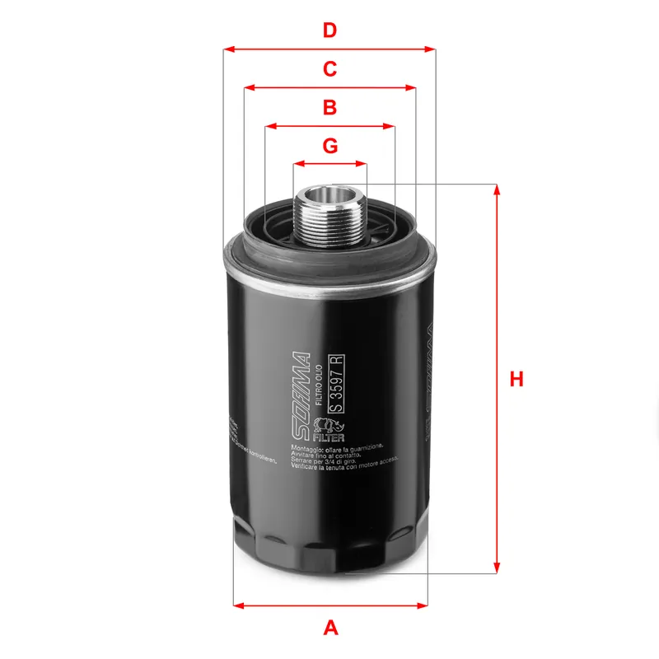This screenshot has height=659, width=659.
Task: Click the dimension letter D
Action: tap(329, 30)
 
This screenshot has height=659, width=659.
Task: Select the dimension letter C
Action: tap(329, 69)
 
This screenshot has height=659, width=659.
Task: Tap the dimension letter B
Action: tap(329, 107)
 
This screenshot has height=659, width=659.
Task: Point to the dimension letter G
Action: tap(329, 146)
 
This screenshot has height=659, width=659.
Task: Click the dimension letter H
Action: tap(516, 379)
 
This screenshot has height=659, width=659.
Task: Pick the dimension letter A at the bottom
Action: tap(330, 628)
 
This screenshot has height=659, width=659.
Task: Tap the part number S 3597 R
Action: tap(335, 383)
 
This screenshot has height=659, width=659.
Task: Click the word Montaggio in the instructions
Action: tap(308, 446)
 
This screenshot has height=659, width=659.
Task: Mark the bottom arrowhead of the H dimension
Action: tap(497, 568)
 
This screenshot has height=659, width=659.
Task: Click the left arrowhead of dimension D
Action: tap(229, 49)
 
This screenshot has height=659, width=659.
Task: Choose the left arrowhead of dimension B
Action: tap(269, 127)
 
